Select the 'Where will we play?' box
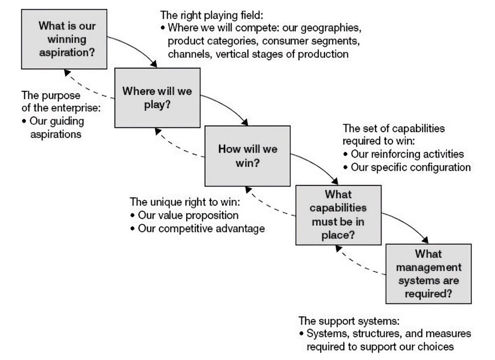coord(157,97)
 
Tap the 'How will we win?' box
coord(247,155)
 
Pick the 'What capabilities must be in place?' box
coord(338,215)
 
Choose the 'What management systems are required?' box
coord(428,273)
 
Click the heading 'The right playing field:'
coord(212,16)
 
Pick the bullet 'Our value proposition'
coord(188,216)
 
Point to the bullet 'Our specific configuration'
coord(410,167)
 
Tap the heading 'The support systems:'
coord(349,320)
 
